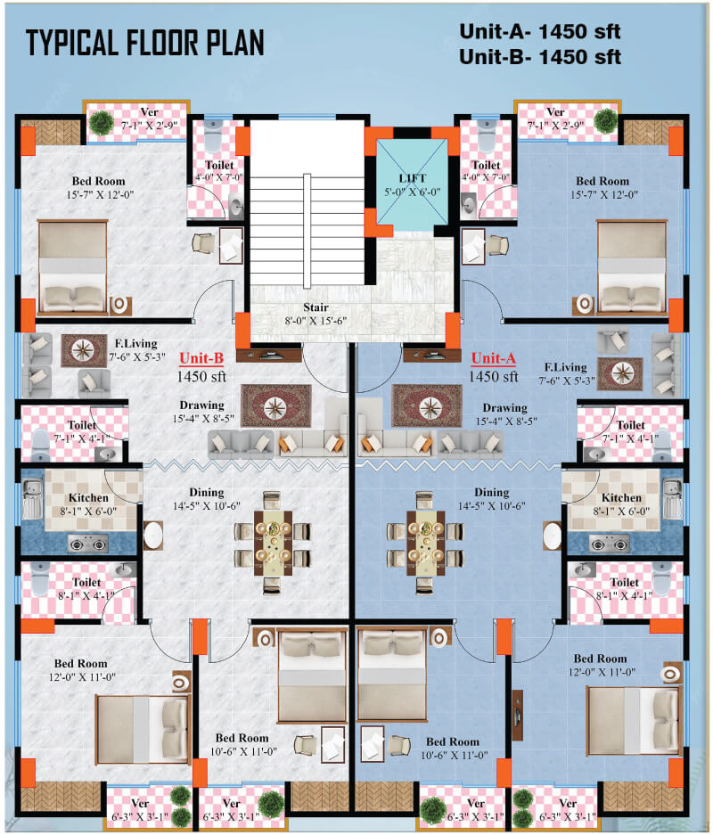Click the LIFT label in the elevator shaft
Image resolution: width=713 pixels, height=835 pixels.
coord(412,178)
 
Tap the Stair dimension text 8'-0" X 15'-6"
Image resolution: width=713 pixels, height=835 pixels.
coord(316,321)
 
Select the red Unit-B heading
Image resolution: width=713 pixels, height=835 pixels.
coord(201,358)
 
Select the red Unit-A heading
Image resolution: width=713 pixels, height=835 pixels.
coord(494,358)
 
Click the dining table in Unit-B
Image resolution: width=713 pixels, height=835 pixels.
coord(273,544)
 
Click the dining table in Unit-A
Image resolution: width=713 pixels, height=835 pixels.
coord(426,544)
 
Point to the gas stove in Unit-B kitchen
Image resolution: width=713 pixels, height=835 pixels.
coord(88,544)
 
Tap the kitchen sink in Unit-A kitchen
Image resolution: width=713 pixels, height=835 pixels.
coord(672,499)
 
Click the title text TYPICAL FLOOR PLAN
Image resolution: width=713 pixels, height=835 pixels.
coord(145,43)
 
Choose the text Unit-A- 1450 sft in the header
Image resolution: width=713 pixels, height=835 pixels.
coord(540,31)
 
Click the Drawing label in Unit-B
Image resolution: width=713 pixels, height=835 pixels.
coord(201,405)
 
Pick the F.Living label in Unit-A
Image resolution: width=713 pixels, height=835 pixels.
coord(566,367)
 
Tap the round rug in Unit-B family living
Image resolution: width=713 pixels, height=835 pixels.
coord(84,350)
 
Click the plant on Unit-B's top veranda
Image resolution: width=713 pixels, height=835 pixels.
coord(102,122)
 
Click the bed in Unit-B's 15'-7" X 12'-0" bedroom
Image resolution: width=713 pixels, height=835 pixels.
coord(73,266)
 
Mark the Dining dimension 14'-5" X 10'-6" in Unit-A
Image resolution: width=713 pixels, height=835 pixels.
coord(491,506)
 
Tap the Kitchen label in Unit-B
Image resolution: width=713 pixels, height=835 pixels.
coord(88,498)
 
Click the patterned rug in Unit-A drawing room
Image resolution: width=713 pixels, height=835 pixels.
coord(427,405)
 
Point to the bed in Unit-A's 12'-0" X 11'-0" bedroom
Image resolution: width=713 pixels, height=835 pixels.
coord(634,721)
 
